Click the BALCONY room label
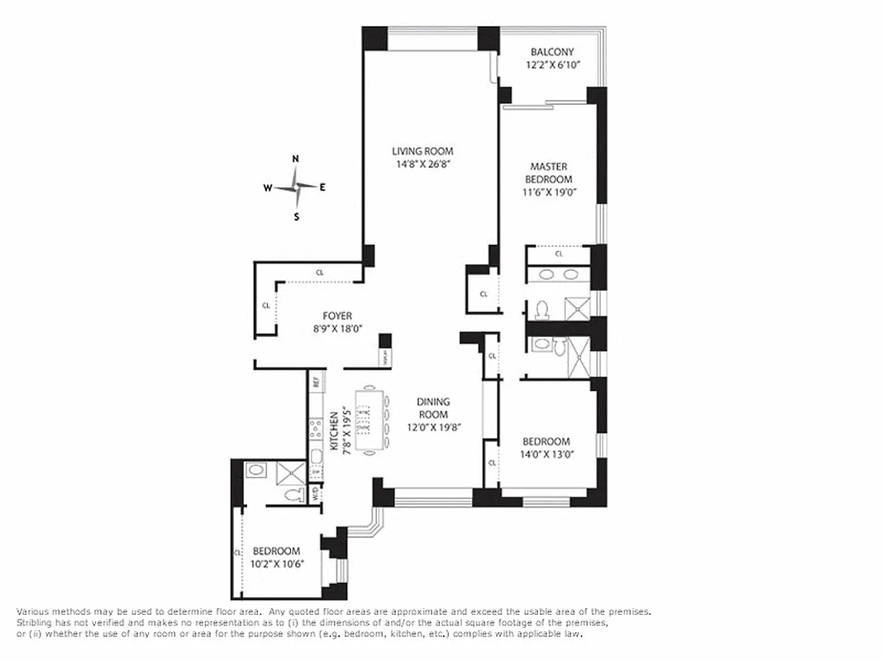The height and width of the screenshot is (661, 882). pos(552,51)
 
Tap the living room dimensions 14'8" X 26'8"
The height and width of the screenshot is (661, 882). pos(422,164)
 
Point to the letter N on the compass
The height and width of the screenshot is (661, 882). pos(296,159)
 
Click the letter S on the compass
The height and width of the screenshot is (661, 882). pos(296,216)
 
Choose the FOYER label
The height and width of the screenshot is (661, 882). pos(337,316)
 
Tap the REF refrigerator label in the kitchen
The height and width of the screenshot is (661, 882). pos(315,383)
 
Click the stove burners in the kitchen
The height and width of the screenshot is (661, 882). pos(315,430)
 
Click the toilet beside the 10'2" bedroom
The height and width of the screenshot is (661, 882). pos(290,495)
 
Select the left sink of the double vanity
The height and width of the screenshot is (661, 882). pos(542,275)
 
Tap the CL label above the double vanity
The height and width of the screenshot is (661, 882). pos(559,254)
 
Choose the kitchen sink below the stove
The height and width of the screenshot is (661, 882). pos(315,456)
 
